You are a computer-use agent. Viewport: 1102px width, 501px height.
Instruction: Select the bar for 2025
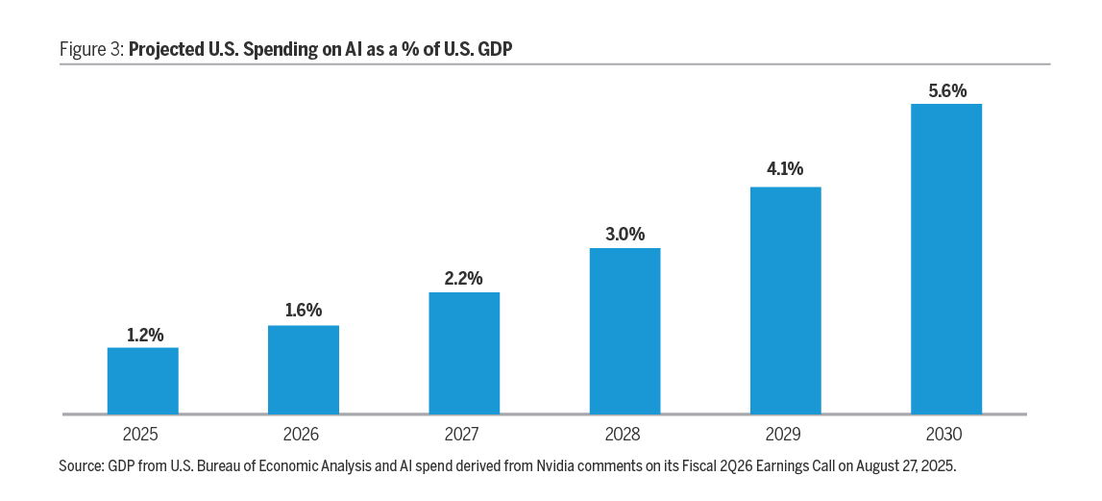tap(142, 381)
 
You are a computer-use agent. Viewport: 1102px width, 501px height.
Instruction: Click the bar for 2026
tap(303, 370)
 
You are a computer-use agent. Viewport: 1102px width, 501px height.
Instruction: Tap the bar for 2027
tap(464, 353)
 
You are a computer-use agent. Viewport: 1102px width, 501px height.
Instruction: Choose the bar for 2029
tap(785, 300)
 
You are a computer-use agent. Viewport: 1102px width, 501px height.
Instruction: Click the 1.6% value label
tap(303, 312)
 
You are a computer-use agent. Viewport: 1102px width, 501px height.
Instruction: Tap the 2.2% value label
tap(464, 279)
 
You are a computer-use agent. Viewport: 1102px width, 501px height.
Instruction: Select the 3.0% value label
tap(624, 235)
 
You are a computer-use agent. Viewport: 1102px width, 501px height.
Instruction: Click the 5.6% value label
tap(946, 90)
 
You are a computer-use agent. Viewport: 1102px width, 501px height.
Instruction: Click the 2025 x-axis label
tap(142, 435)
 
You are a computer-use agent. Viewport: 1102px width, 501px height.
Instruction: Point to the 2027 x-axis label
tap(464, 435)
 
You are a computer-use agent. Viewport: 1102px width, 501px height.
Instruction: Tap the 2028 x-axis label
tap(624, 435)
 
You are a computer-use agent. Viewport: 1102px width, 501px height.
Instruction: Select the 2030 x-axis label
tap(946, 435)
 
